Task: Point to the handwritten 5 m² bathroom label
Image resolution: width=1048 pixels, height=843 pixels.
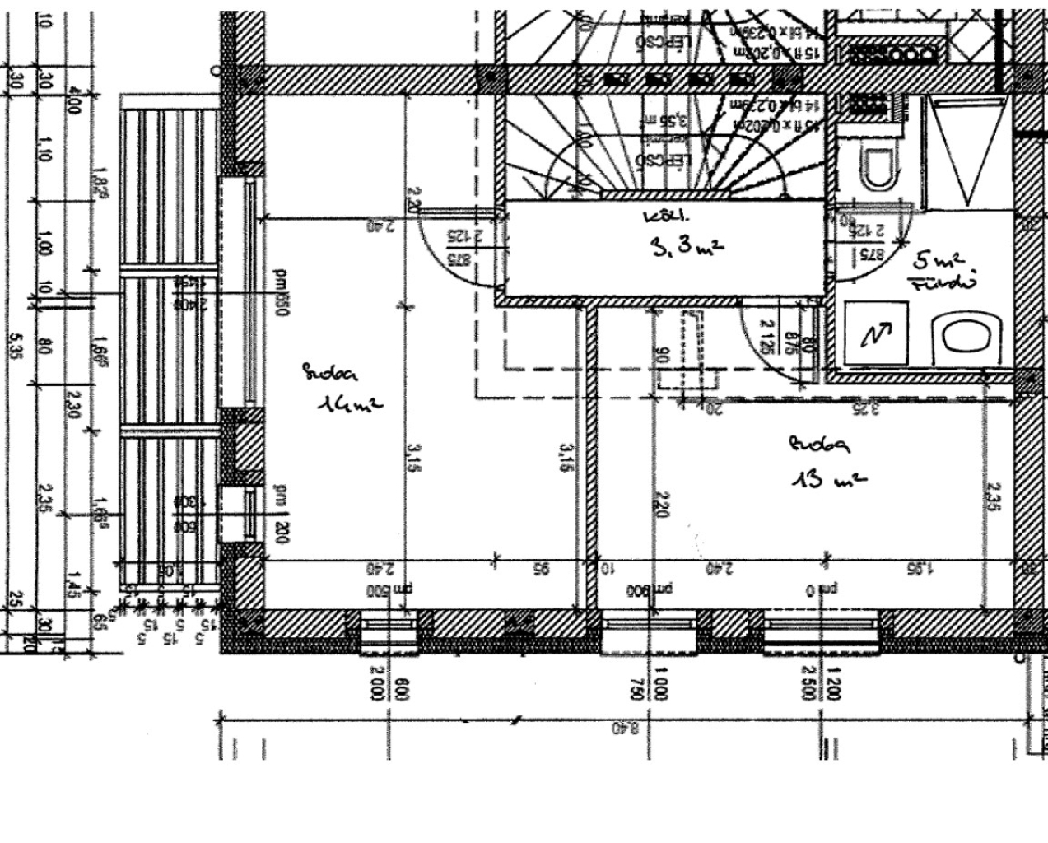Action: (938, 262)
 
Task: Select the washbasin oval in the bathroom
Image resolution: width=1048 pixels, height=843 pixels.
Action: (968, 337)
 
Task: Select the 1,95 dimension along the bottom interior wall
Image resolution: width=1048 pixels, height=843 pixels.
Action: (922, 569)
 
